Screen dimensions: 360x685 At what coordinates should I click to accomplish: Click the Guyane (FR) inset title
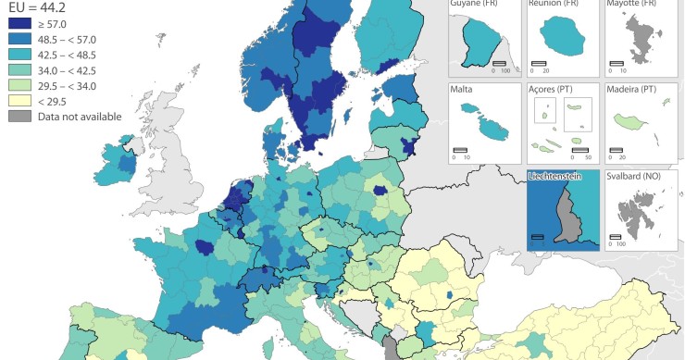(x=478, y=5)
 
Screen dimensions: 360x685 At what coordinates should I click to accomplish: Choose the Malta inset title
(x=463, y=89)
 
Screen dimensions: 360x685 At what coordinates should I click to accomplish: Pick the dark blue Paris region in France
(x=203, y=246)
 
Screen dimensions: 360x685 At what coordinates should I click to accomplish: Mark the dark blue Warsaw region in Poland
(x=380, y=189)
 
